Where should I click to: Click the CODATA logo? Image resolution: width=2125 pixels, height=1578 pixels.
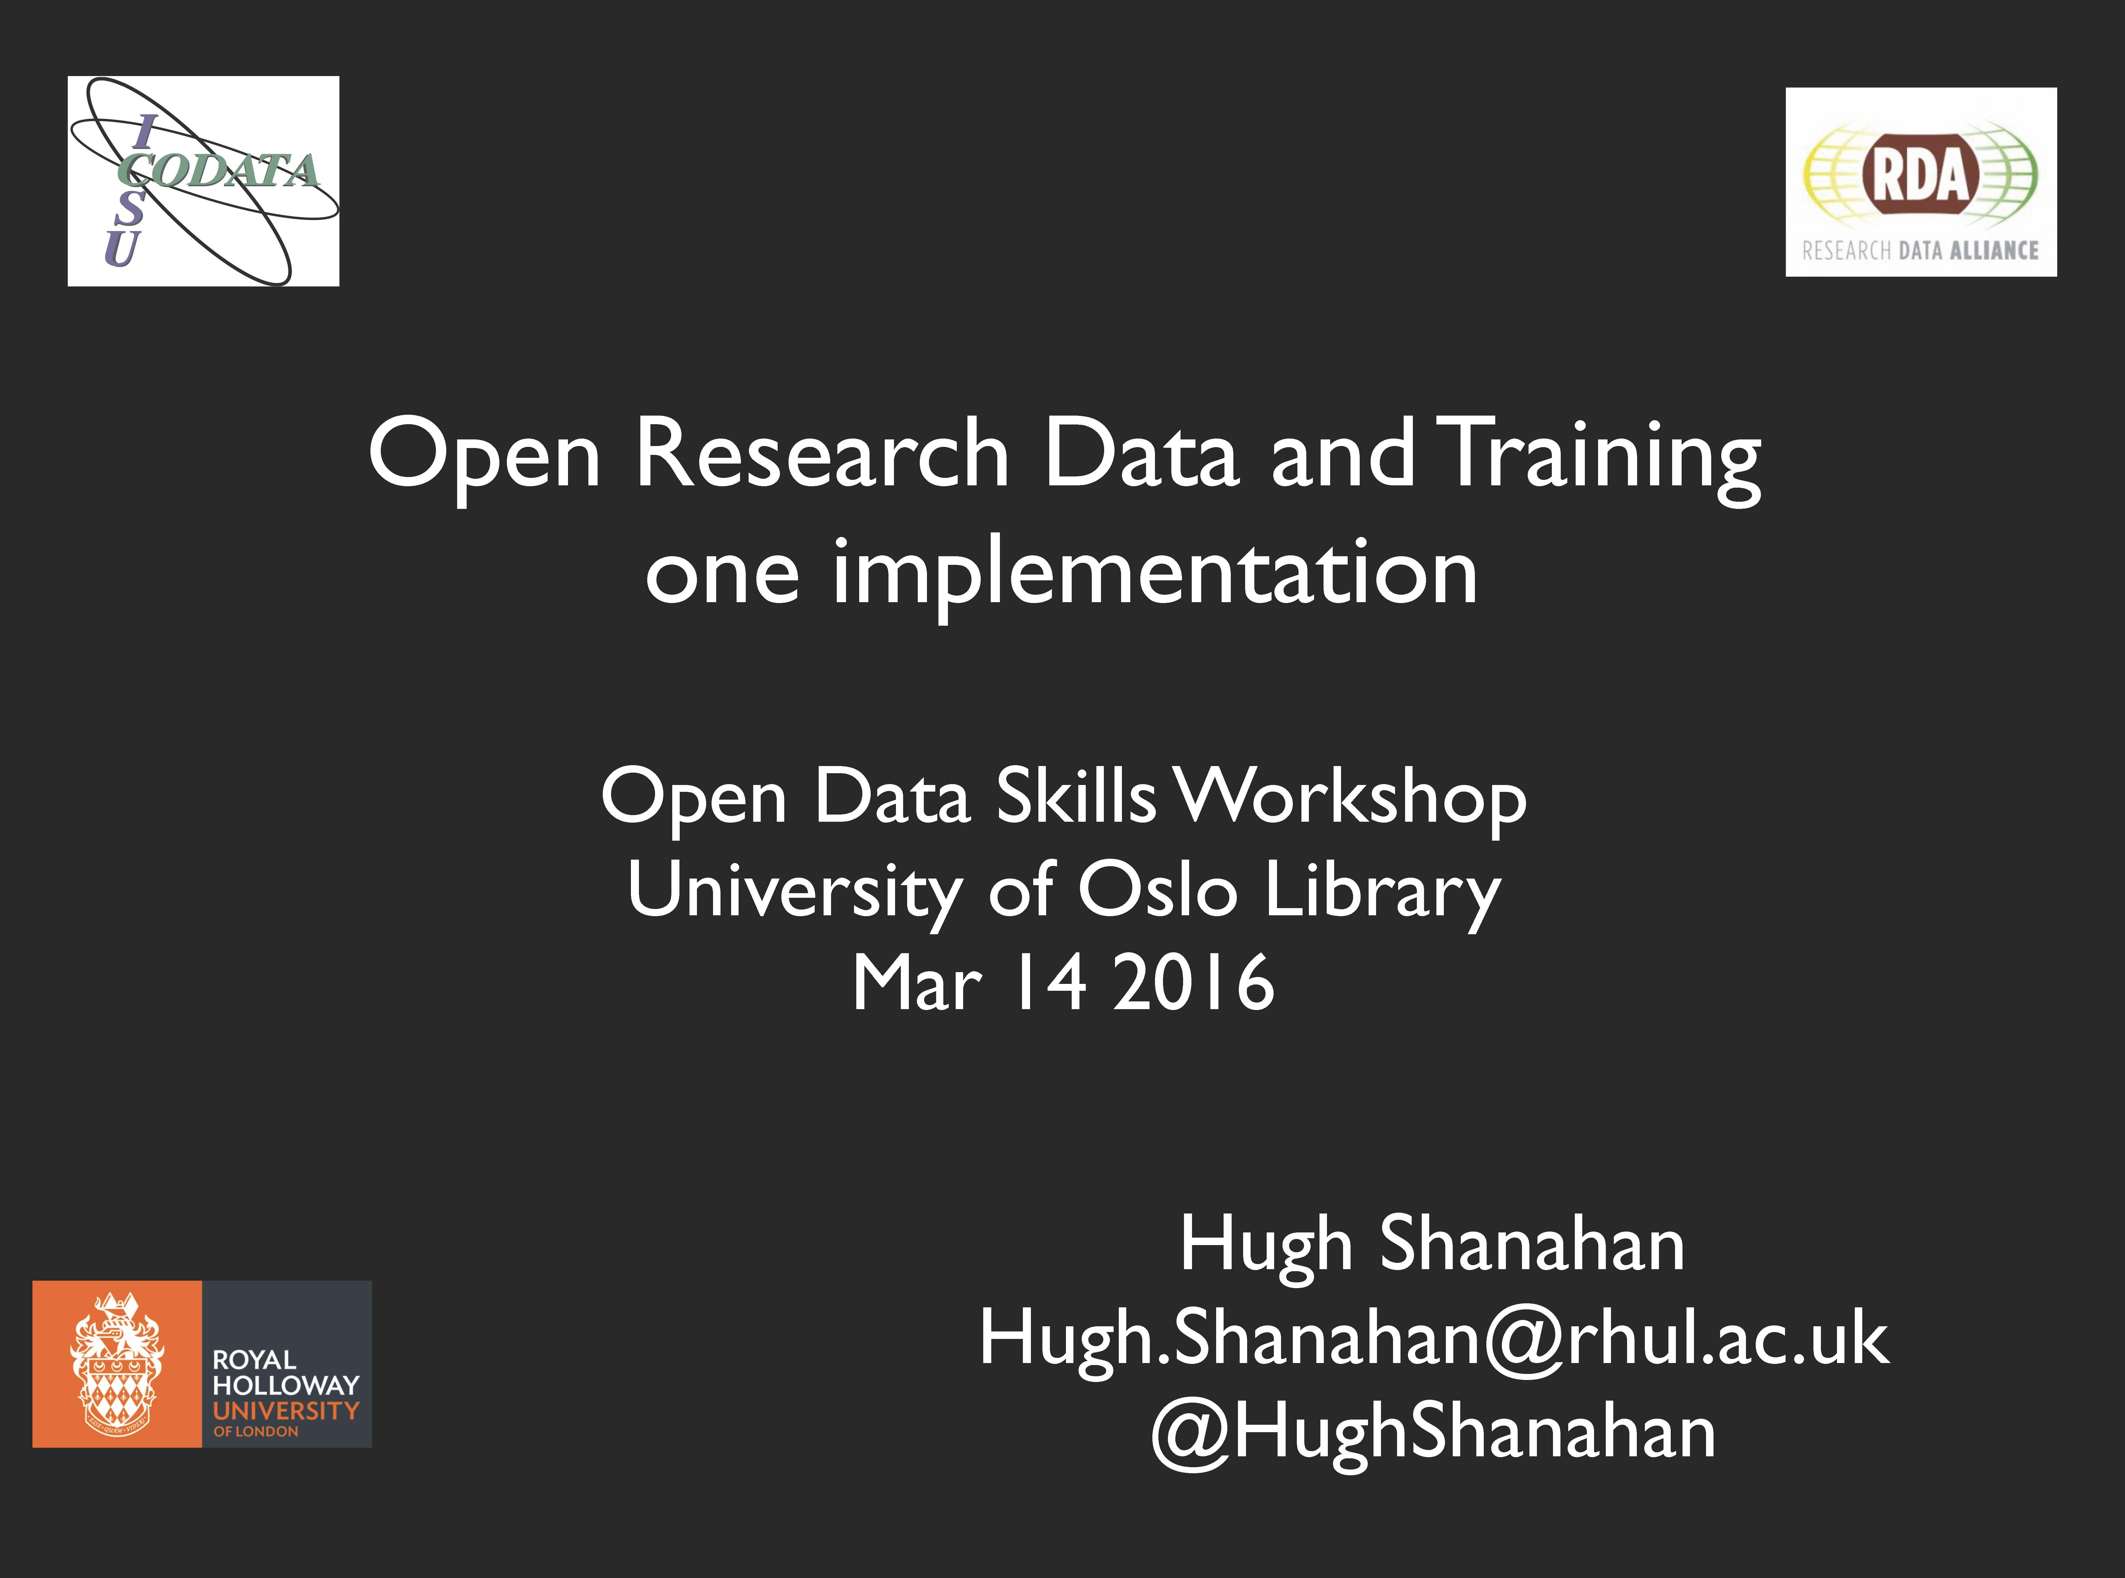[204, 181]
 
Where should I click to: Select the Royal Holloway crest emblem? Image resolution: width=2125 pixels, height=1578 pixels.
[117, 1363]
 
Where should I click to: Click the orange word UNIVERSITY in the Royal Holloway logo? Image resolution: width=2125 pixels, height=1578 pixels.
[286, 1410]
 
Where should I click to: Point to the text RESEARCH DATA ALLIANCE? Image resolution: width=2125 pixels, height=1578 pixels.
[1921, 250]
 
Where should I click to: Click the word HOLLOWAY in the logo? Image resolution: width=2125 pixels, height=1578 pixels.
[286, 1385]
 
